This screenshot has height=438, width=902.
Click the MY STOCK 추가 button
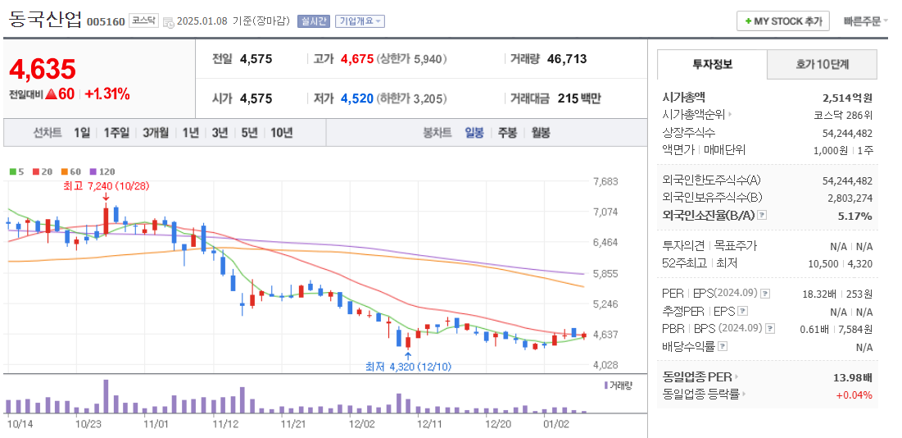click(x=782, y=21)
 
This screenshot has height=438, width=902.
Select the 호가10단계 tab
click(x=822, y=64)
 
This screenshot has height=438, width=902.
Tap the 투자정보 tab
click(x=712, y=64)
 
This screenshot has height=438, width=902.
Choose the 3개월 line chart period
click(x=155, y=132)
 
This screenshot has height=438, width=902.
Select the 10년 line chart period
click(x=281, y=132)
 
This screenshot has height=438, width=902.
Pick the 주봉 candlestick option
click(x=507, y=132)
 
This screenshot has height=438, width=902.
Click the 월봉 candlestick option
click(x=540, y=132)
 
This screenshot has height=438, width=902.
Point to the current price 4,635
click(x=43, y=69)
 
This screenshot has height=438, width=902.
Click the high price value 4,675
click(x=356, y=59)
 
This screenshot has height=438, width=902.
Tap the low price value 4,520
click(x=356, y=98)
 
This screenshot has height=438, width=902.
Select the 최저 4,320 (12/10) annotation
click(x=407, y=367)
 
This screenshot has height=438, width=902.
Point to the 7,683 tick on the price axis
click(x=605, y=181)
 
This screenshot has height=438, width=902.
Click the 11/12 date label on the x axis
click(x=224, y=424)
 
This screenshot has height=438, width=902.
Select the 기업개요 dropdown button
click(x=360, y=21)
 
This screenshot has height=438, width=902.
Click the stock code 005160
click(x=106, y=21)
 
